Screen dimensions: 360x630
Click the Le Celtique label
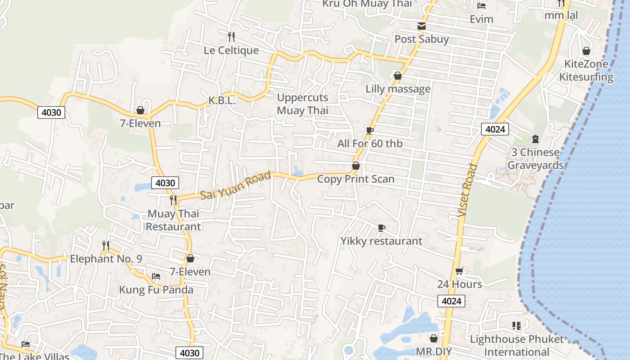tap(231, 50)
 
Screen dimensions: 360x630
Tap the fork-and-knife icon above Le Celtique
tap(231, 36)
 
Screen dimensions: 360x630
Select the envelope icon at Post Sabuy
tap(421, 26)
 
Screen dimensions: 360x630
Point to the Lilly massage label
tap(398, 89)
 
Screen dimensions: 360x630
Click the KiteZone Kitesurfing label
tap(586, 70)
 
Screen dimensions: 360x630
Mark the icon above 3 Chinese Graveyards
tap(535, 139)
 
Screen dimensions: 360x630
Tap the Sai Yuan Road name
tap(235, 185)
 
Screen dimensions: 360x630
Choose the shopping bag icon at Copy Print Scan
tap(355, 166)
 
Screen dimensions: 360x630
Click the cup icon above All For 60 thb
tap(369, 130)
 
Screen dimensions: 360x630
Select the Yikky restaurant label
tap(381, 241)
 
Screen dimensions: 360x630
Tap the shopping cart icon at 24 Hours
tap(459, 271)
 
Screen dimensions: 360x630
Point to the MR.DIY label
tap(434, 351)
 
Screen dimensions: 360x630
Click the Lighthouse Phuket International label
tap(517, 345)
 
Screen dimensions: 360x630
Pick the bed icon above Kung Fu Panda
tap(156, 276)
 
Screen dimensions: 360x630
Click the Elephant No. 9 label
tap(106, 259)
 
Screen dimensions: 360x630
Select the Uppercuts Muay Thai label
tap(302, 104)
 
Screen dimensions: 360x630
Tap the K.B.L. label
tap(222, 101)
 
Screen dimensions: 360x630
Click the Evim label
tap(481, 19)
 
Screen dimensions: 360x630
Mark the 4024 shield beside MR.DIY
tap(451, 301)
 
